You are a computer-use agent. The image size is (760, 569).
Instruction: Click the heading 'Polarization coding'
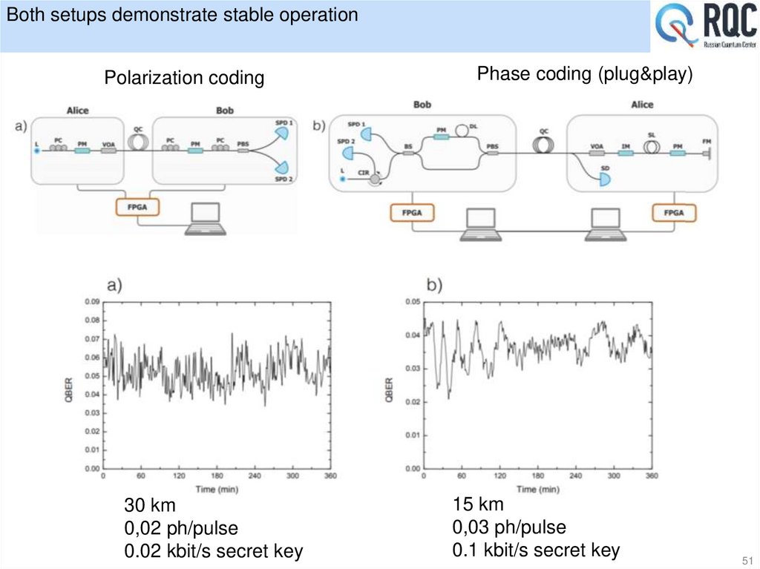[184, 78]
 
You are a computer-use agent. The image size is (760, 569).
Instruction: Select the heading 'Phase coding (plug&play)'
[584, 74]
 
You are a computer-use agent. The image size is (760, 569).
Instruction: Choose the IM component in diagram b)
[626, 152]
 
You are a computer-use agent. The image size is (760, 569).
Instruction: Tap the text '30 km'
[151, 506]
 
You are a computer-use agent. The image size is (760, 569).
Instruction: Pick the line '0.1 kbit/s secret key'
[535, 550]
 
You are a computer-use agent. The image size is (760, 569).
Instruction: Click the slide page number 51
[746, 559]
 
